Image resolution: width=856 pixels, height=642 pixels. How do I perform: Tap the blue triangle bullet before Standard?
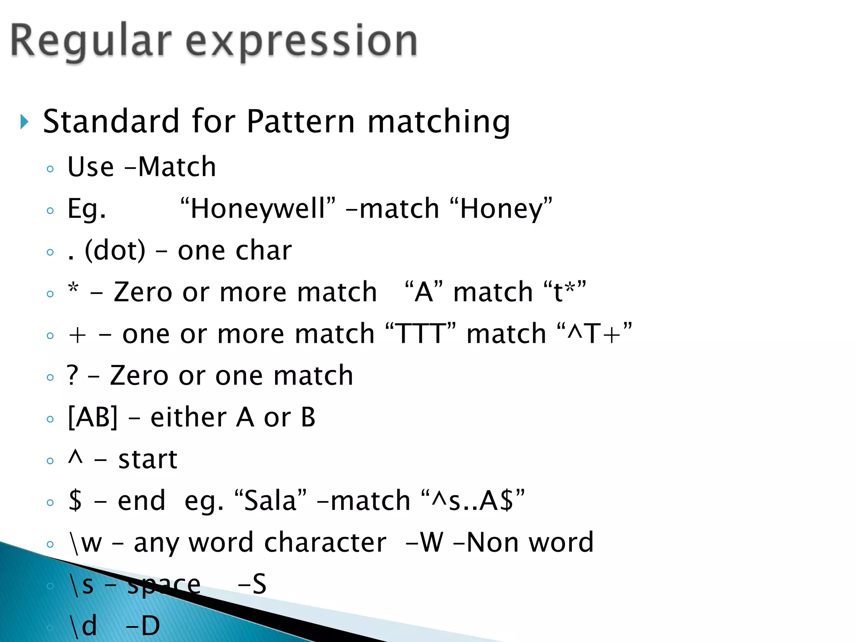coord(24,122)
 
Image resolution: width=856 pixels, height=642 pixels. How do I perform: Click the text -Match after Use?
coord(170,167)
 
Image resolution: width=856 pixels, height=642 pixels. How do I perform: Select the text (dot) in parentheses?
coord(115,250)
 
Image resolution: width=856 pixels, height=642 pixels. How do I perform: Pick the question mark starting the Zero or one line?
coord(73,375)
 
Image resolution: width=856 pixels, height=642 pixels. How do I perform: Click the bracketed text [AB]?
coord(93,417)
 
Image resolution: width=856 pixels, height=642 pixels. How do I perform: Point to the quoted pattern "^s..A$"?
coord(473,500)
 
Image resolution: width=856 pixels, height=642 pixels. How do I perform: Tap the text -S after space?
coord(252,584)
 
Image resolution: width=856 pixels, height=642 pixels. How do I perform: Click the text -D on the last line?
coord(143,626)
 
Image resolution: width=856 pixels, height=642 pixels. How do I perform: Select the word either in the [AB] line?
coord(189,417)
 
